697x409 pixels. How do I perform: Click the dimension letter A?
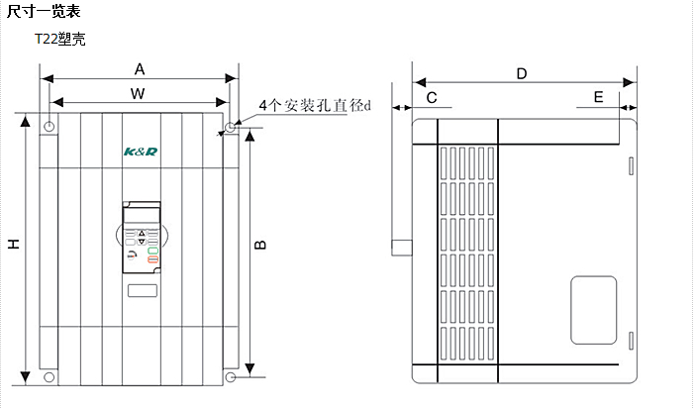[140, 69]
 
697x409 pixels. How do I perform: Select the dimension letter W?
[140, 93]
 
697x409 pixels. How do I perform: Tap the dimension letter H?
[14, 245]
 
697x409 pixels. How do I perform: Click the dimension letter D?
[522, 73]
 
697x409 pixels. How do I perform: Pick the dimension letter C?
[431, 97]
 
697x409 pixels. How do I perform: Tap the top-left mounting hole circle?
[50, 127]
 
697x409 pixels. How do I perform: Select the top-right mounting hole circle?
[230, 127]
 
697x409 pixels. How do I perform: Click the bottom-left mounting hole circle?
[50, 377]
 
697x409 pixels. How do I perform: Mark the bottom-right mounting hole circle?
[230, 377]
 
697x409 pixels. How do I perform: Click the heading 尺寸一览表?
[45, 12]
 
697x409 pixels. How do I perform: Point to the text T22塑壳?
[60, 40]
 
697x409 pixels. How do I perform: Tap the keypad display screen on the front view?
[141, 217]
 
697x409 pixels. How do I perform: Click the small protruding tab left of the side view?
[401, 247]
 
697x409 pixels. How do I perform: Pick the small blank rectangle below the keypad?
[142, 292]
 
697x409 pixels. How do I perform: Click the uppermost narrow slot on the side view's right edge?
[630, 165]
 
